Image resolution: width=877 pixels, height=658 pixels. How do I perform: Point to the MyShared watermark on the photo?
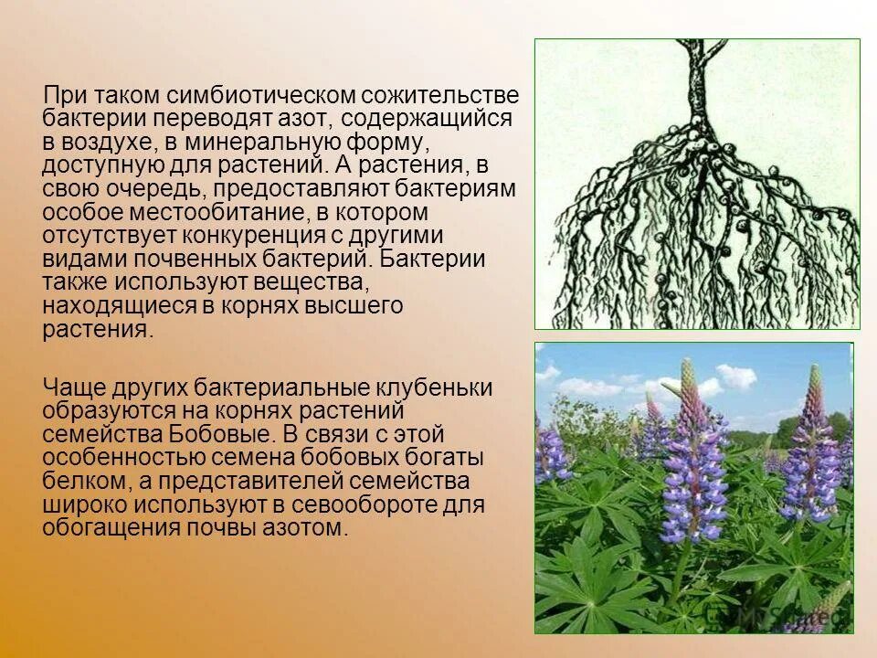tap(786, 618)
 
